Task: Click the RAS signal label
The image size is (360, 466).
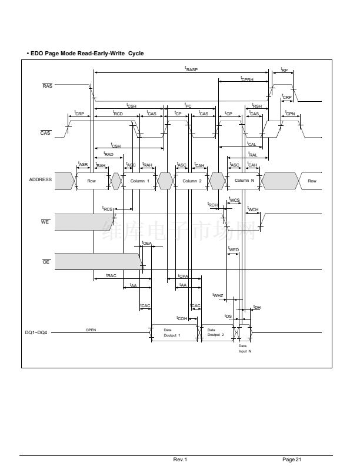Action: pos(48,86)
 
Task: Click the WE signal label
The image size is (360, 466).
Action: pos(45,222)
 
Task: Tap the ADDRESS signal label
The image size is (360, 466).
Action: pos(41,180)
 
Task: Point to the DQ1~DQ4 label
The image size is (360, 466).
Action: pos(36,332)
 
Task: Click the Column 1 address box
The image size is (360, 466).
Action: pos(140,181)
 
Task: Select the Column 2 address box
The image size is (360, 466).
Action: pos(192,181)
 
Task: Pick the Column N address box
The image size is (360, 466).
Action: pos(244,181)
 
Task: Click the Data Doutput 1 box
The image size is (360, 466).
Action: pos(172,332)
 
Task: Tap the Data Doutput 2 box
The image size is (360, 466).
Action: pos(216,332)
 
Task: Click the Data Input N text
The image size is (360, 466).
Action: pos(245,348)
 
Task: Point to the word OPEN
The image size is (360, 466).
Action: pos(91,330)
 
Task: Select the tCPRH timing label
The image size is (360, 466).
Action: pos(246,79)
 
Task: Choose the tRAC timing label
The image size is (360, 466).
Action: pos(111,275)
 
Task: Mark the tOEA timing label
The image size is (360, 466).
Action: pos(146,243)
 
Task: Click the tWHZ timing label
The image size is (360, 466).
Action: pos(218,295)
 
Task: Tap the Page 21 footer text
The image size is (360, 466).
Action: pos(292,459)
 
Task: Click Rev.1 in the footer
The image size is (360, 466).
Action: pos(180,459)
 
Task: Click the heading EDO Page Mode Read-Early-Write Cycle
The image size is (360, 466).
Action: pos(86,54)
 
